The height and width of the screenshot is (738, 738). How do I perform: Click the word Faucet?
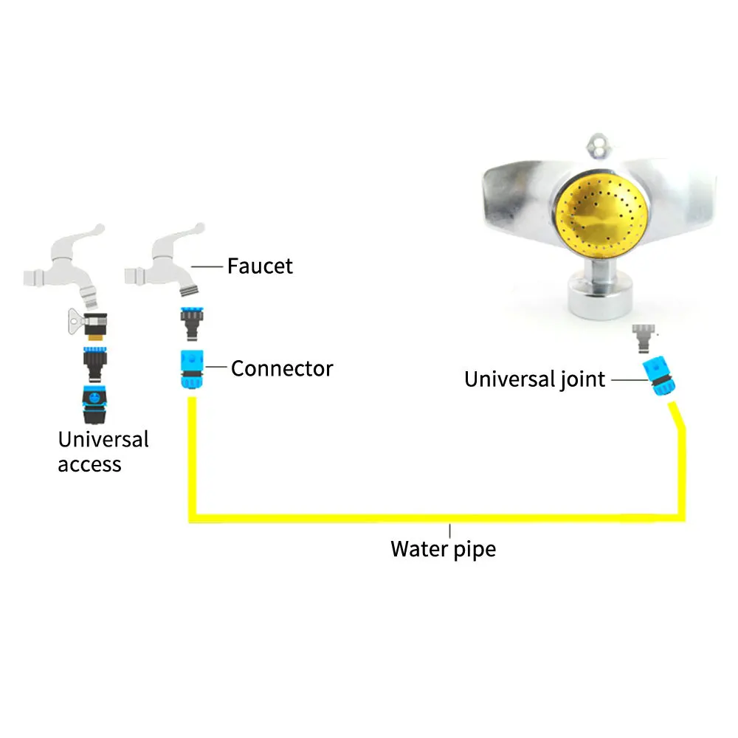260,266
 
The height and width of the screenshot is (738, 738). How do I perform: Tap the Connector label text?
282,368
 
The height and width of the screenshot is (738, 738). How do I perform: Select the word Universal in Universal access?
103,440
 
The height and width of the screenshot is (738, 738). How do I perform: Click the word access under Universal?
89,465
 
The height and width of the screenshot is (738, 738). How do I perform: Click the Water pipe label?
443,549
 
